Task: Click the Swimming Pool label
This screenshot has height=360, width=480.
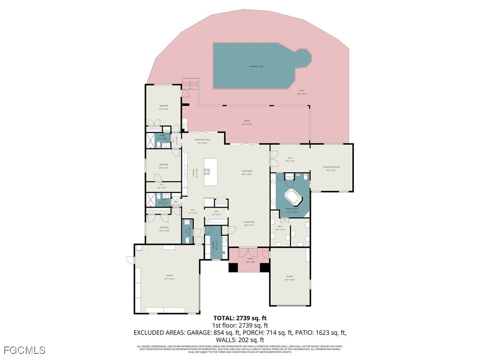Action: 255,67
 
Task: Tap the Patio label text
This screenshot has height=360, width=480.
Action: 301,92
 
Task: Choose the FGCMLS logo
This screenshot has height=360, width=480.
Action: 24,350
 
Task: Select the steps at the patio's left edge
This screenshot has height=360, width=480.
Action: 190,84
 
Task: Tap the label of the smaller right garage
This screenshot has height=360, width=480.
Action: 289,280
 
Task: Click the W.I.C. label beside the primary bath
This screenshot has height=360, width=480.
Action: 280,228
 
